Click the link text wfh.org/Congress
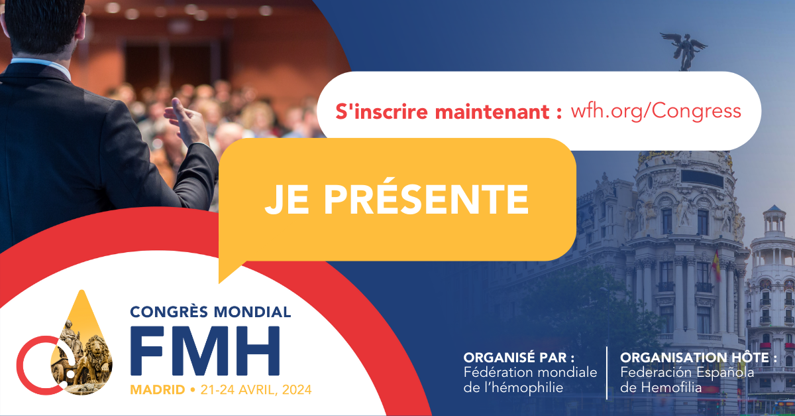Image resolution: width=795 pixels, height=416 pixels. (x=655, y=111)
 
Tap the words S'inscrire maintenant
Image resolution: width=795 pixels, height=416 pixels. (x=440, y=111)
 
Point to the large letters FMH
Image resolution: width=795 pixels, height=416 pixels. (x=205, y=352)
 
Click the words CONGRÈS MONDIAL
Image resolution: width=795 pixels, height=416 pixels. (x=211, y=311)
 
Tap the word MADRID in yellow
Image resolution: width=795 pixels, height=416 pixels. (x=158, y=389)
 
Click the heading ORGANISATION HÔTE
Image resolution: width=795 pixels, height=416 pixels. (x=698, y=358)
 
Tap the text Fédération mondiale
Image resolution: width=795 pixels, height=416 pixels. (x=530, y=373)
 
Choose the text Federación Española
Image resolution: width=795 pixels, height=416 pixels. (x=686, y=373)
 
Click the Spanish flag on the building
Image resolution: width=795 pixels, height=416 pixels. (x=716, y=265)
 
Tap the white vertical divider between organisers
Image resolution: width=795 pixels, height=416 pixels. (x=607, y=372)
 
